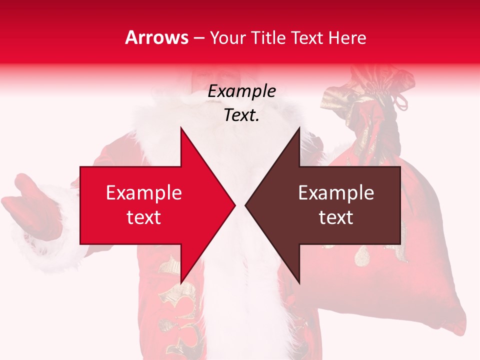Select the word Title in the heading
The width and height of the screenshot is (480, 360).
268,38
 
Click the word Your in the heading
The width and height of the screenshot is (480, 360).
227,38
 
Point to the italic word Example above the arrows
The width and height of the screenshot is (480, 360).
241,91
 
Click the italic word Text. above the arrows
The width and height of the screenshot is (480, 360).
241,115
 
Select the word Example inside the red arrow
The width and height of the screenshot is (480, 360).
144,193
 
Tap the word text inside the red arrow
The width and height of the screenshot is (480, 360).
144,217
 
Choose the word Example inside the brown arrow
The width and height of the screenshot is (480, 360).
336,193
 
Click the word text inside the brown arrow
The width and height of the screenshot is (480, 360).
336,217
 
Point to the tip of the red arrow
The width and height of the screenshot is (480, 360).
234,205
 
